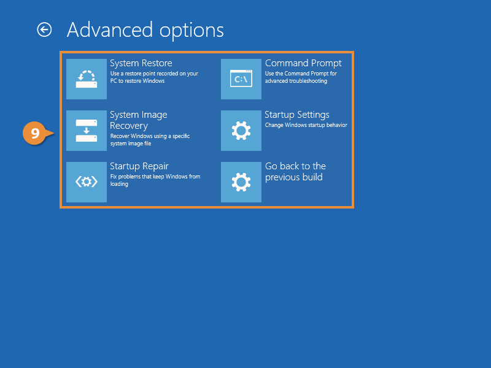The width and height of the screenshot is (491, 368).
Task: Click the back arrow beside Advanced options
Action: [44, 29]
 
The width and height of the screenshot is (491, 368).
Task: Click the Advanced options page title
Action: [145, 29]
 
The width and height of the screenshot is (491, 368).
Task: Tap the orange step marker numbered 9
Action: [36, 133]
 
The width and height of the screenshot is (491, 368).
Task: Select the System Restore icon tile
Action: [86, 79]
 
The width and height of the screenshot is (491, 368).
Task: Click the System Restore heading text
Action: [141, 63]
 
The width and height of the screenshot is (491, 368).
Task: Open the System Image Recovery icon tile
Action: [86, 131]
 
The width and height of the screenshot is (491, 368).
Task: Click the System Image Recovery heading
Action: [138, 120]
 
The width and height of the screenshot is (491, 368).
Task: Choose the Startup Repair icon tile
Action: [86, 182]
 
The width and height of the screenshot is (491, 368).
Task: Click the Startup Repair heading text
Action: [139, 166]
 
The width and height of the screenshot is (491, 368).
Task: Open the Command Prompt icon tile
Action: [241, 79]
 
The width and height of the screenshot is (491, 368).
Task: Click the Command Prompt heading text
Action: [303, 63]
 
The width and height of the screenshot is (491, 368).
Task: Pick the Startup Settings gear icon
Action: [241, 131]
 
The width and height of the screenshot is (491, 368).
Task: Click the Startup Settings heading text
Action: [296, 115]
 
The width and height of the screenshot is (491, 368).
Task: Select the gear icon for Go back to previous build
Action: [241, 182]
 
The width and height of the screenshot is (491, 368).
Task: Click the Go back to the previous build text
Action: [295, 172]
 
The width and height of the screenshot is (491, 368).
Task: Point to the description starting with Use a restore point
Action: [153, 77]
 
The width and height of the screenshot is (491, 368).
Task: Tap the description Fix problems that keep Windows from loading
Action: [155, 180]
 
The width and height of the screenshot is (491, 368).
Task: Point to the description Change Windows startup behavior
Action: [306, 125]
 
